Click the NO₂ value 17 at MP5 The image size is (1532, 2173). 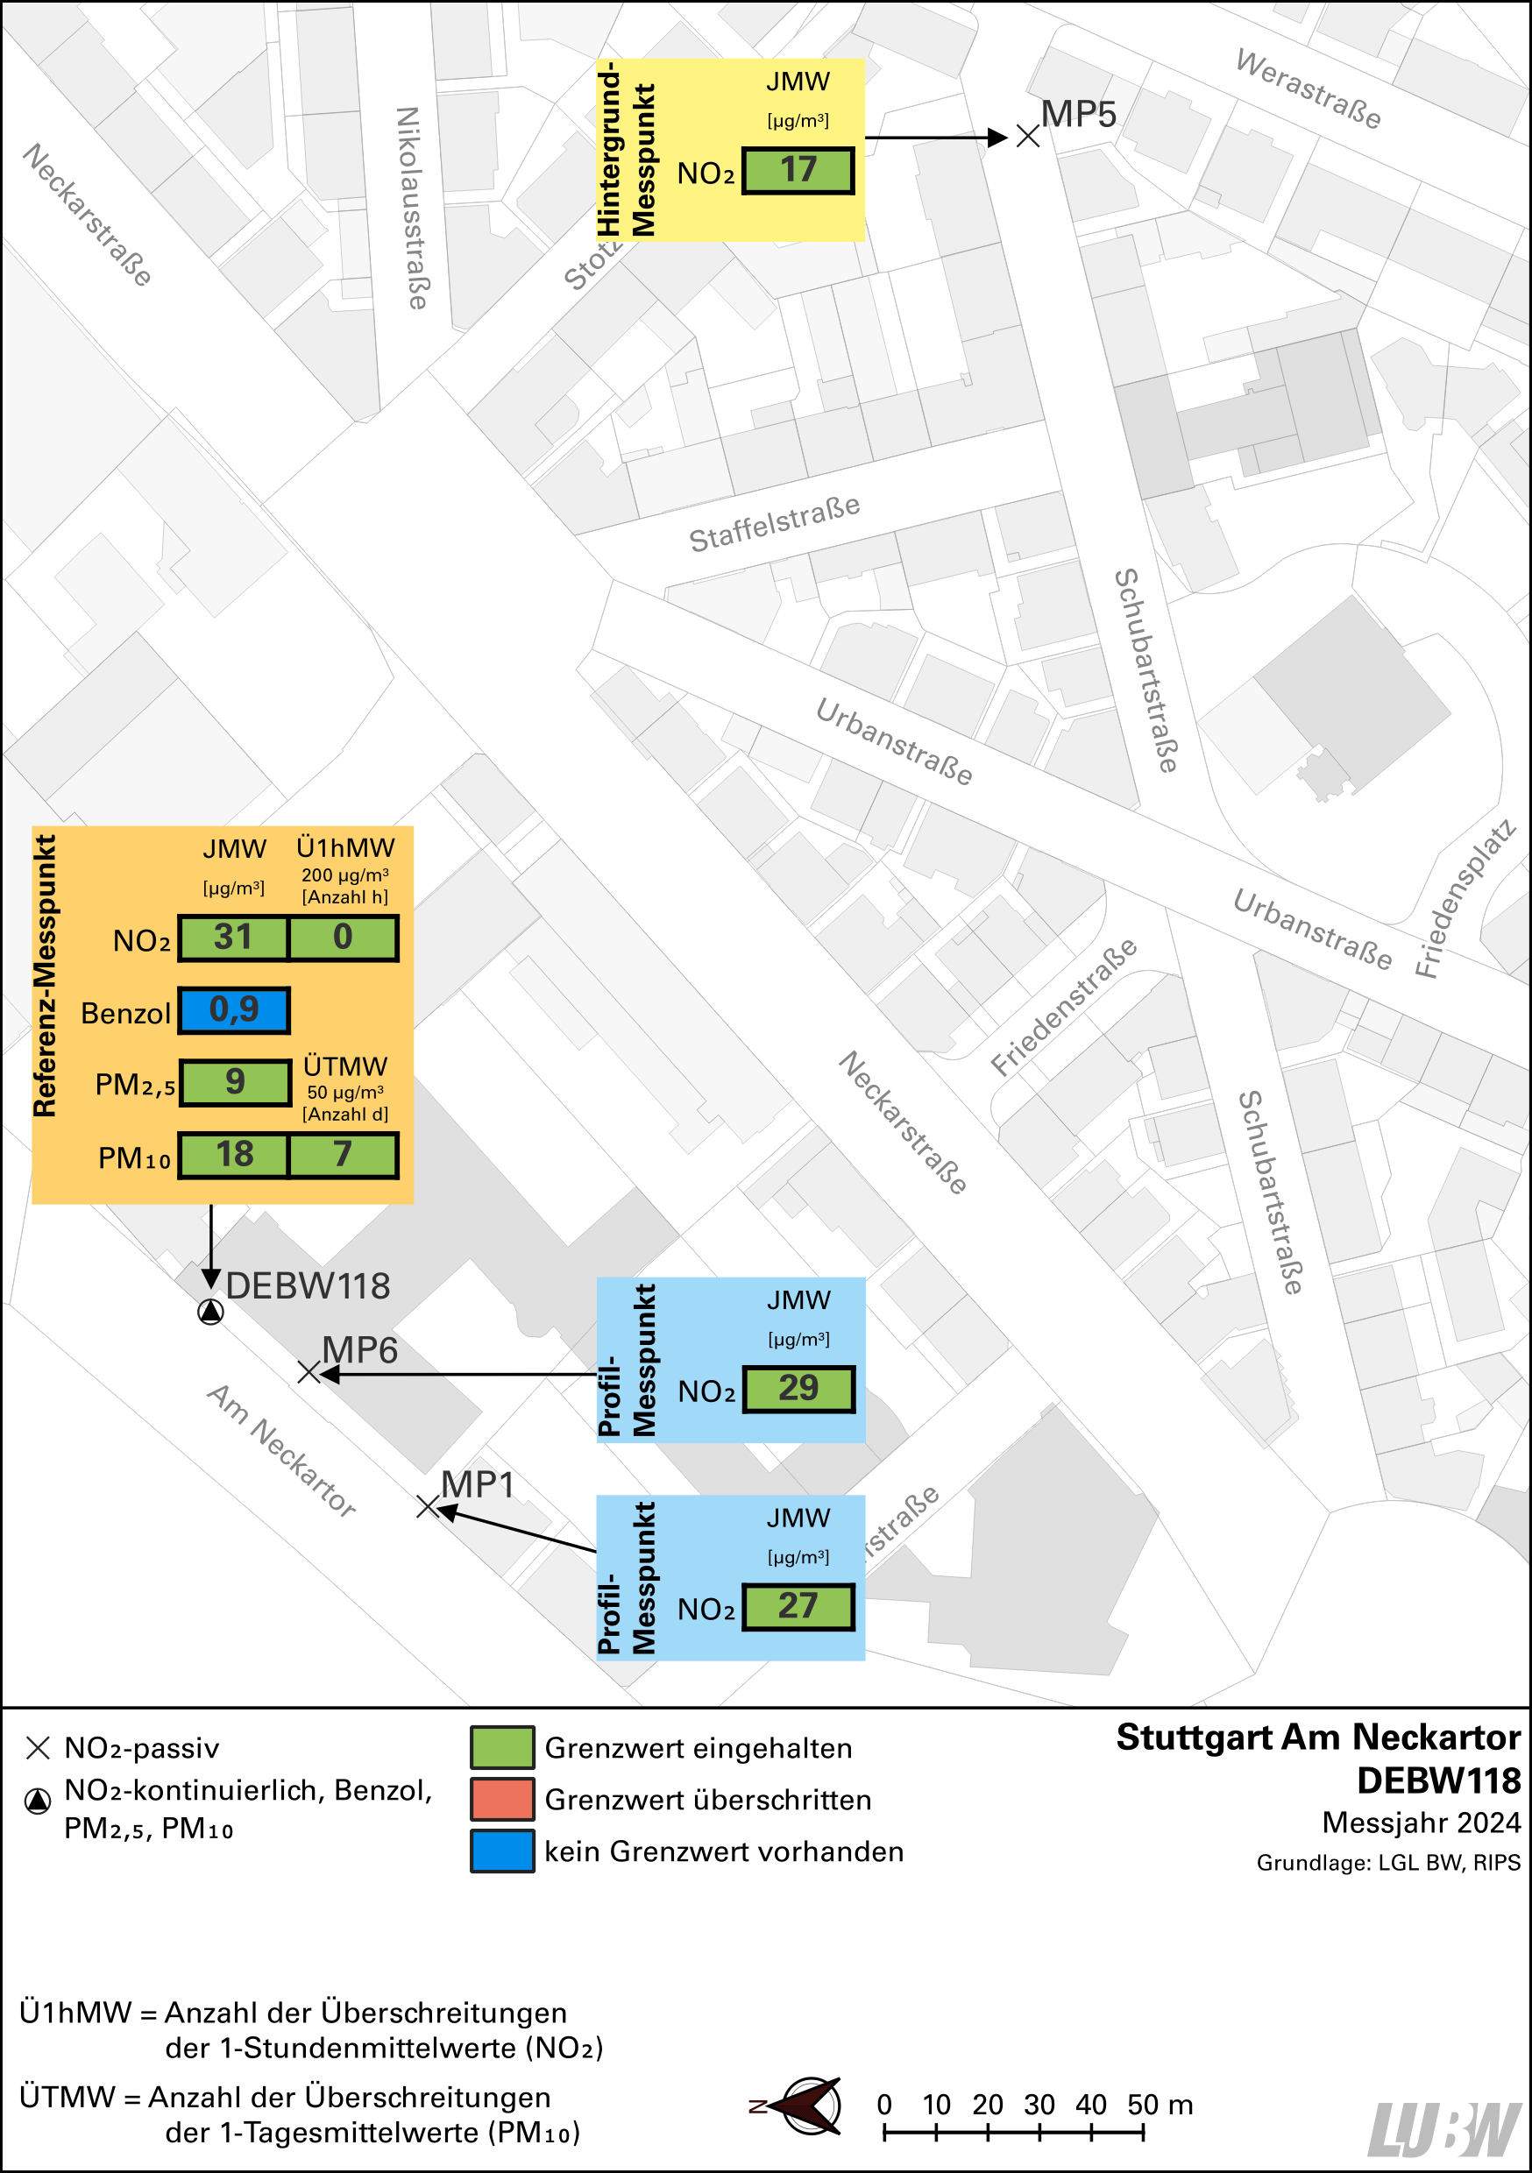click(798, 170)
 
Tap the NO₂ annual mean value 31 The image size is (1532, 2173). click(233, 937)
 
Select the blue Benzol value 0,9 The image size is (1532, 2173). click(234, 1010)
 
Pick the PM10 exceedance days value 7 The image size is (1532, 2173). click(343, 1155)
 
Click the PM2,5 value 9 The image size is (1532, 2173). click(235, 1082)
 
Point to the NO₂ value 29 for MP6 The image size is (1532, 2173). click(798, 1389)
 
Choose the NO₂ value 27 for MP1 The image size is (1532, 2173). click(798, 1606)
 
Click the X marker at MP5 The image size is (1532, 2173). click(1027, 138)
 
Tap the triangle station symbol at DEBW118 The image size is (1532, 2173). click(210, 1312)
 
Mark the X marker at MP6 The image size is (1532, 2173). click(309, 1371)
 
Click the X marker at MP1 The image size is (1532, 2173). click(428, 1506)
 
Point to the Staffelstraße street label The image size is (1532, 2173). click(774, 523)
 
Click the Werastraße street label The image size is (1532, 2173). click(1308, 89)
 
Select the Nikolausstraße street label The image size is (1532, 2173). click(411, 208)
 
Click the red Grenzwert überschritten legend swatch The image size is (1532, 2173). click(502, 1799)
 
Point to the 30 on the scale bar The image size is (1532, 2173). click(1039, 2105)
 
